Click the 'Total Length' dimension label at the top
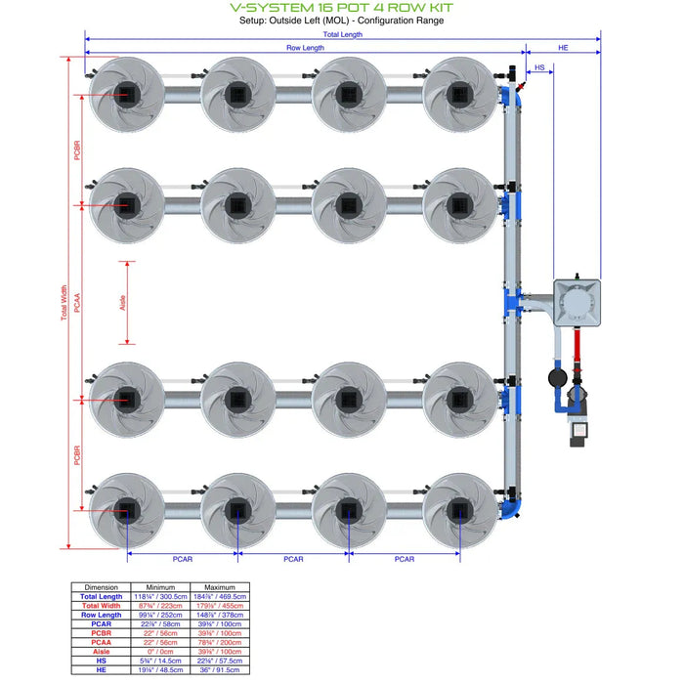point(342,34)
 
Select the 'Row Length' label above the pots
point(305,47)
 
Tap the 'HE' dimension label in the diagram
point(562,47)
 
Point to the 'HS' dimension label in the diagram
point(539,67)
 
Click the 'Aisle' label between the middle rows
point(123,303)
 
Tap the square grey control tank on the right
point(577,304)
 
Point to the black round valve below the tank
point(557,375)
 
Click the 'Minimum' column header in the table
point(158,586)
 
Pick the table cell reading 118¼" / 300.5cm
point(158,596)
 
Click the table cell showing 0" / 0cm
point(158,651)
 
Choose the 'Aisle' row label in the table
point(102,651)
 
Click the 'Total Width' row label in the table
point(102,605)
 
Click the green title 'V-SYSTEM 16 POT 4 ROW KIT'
point(341,7)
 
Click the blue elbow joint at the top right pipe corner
point(514,95)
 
